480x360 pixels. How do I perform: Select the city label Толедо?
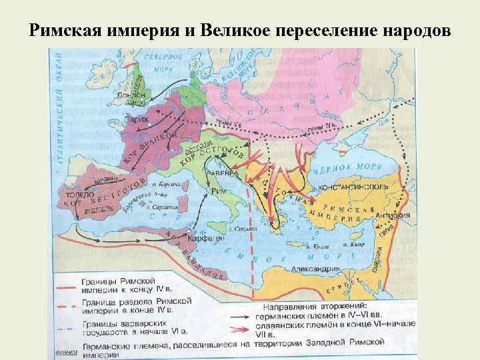pyautogui.click(x=75, y=189)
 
